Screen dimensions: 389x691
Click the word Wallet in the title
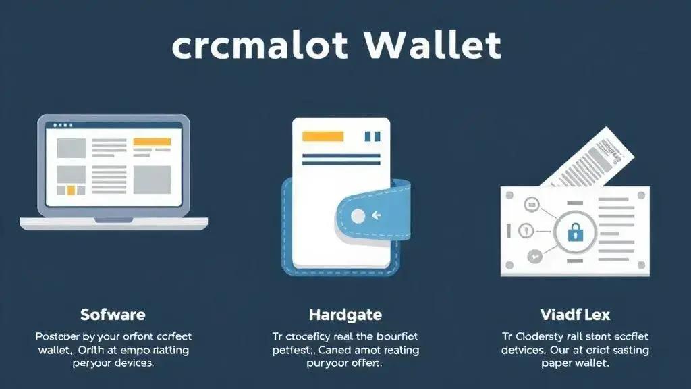[433, 46]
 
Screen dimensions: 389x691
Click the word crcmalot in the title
[259, 46]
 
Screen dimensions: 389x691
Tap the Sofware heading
[113, 315]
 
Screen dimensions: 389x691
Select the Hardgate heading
[345, 315]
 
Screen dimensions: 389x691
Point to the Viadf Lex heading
[575, 315]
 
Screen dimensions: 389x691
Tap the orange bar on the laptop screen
[153, 142]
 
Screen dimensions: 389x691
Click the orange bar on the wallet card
[319, 136]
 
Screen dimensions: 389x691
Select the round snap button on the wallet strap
[358, 216]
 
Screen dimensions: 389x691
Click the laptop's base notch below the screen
[113, 220]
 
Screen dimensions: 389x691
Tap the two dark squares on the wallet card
[372, 136]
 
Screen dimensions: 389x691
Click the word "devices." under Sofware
[130, 363]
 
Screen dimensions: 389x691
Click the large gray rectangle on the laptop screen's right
[152, 179]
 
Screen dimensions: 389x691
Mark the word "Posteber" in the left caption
[59, 336]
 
